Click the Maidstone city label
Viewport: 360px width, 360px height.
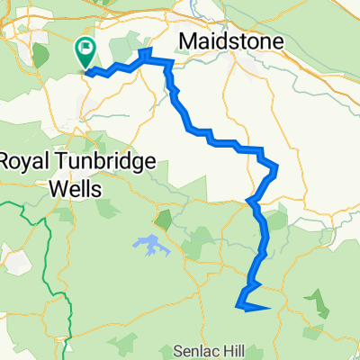pos(232,41)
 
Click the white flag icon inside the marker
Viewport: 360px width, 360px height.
pos(87,49)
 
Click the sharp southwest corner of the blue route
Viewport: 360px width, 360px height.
pos(238,306)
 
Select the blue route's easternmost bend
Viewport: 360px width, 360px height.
pos(275,168)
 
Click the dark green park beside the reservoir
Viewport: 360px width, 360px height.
pos(164,219)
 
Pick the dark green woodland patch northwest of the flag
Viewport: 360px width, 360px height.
pos(40,54)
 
